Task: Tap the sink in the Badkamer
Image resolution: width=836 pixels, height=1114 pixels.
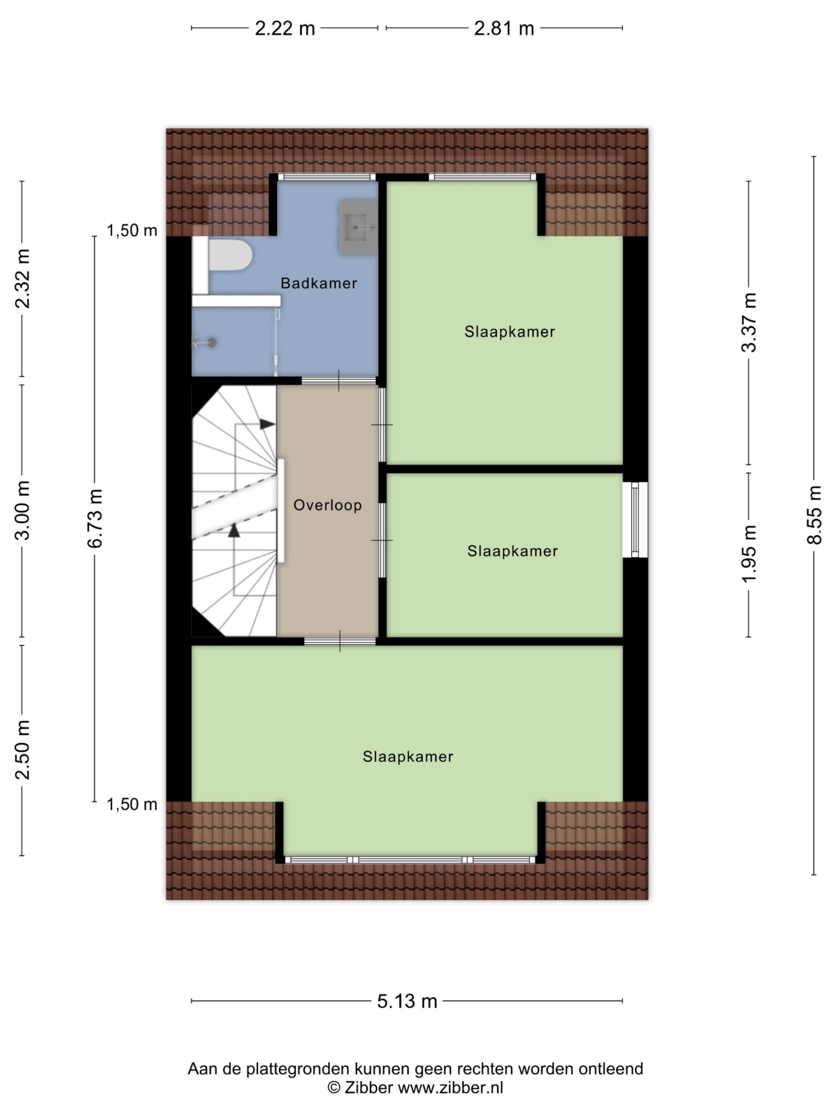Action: [x=358, y=227]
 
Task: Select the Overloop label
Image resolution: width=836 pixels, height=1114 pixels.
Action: [x=327, y=505]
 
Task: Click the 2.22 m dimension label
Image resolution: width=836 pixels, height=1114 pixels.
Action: [x=285, y=29]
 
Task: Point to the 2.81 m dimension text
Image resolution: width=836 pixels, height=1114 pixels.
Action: [x=504, y=29]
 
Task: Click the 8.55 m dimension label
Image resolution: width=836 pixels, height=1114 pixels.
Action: [x=814, y=515]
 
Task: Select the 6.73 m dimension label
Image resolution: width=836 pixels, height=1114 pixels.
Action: [x=95, y=519]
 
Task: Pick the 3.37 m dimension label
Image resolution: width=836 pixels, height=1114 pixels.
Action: [x=749, y=322]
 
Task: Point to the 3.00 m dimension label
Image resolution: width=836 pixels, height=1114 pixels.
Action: [x=23, y=510]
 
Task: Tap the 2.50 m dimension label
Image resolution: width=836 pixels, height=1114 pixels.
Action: [x=23, y=750]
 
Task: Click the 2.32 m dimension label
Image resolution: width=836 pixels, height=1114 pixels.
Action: [x=23, y=278]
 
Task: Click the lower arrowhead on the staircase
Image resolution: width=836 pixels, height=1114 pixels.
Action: [x=234, y=530]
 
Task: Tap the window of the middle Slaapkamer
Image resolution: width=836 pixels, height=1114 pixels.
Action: [x=635, y=520]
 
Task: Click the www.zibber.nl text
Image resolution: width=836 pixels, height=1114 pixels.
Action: [x=451, y=1088]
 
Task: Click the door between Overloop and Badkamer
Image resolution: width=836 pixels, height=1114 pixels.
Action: [x=339, y=381]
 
